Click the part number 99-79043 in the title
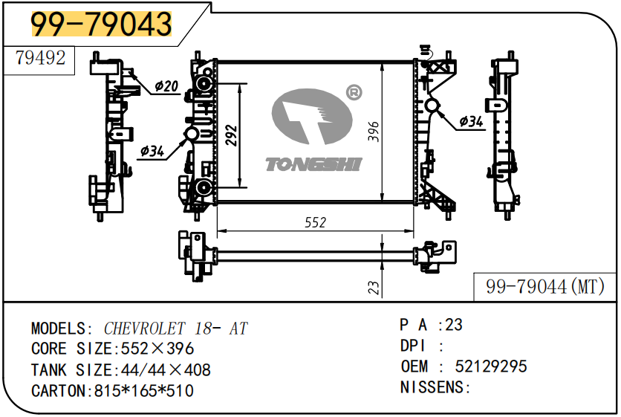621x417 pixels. pos(101,25)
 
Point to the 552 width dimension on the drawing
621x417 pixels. pos(316,223)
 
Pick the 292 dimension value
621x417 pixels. pos(231,136)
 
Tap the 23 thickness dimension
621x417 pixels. pos(374,287)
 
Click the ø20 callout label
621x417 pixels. pos(166,87)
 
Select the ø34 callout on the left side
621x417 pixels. pos(152,151)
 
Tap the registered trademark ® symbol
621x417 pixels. pos(354,93)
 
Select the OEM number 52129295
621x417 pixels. pos(492,366)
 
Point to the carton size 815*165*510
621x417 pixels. pos(144,390)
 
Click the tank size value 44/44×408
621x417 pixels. pos(162,369)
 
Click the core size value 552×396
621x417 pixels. pos(155,349)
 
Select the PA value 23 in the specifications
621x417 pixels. pos(454,325)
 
